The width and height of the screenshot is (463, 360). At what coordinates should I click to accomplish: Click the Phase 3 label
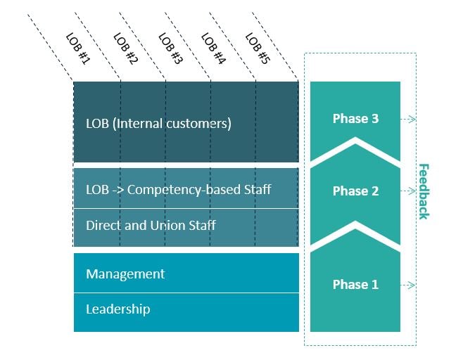coord(355,119)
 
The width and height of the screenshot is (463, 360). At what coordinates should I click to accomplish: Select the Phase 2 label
coord(355,191)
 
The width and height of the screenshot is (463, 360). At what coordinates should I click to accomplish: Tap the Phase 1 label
coord(355,285)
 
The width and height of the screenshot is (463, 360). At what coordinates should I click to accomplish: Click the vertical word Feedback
coord(424,191)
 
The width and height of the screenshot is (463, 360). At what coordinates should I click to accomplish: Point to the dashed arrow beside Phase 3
coord(408,120)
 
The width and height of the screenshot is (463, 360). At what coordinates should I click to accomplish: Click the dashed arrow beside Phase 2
coord(408,191)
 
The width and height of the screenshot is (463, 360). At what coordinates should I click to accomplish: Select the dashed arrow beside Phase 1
coord(408,285)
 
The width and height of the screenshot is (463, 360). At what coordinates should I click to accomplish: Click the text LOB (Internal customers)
coord(158,124)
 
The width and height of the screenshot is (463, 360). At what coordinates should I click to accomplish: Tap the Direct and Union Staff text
coord(151,226)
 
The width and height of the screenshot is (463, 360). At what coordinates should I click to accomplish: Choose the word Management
coord(125,274)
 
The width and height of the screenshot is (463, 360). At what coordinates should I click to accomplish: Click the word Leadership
coord(118,309)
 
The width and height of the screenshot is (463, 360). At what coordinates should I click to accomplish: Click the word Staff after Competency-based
coord(257,190)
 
